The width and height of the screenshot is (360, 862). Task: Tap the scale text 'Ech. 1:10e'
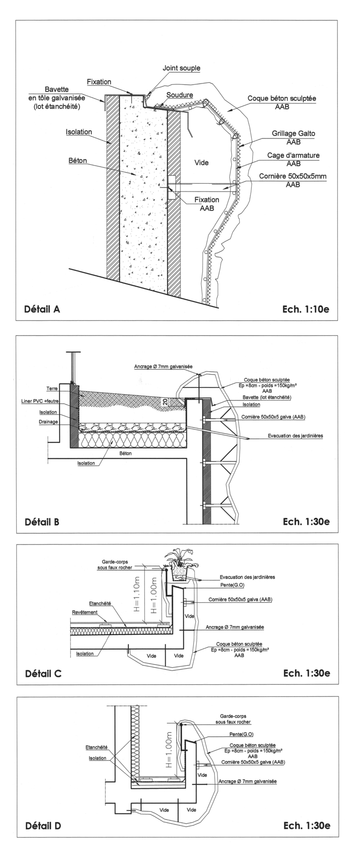(x=306, y=309)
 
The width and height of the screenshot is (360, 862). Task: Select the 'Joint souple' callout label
(x=181, y=68)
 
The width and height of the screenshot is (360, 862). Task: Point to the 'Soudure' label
(x=180, y=95)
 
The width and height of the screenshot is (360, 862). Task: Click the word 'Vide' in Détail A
(x=202, y=162)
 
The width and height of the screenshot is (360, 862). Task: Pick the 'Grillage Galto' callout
(x=294, y=134)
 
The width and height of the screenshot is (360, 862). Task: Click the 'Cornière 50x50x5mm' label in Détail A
(x=293, y=176)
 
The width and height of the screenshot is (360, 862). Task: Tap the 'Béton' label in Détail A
(x=78, y=161)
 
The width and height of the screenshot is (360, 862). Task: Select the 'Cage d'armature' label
(x=293, y=156)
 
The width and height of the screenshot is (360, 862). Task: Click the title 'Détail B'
(x=42, y=522)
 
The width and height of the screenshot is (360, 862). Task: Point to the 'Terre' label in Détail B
(x=52, y=389)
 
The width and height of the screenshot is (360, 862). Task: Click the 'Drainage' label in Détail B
(x=48, y=422)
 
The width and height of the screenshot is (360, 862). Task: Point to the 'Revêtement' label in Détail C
(x=85, y=612)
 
